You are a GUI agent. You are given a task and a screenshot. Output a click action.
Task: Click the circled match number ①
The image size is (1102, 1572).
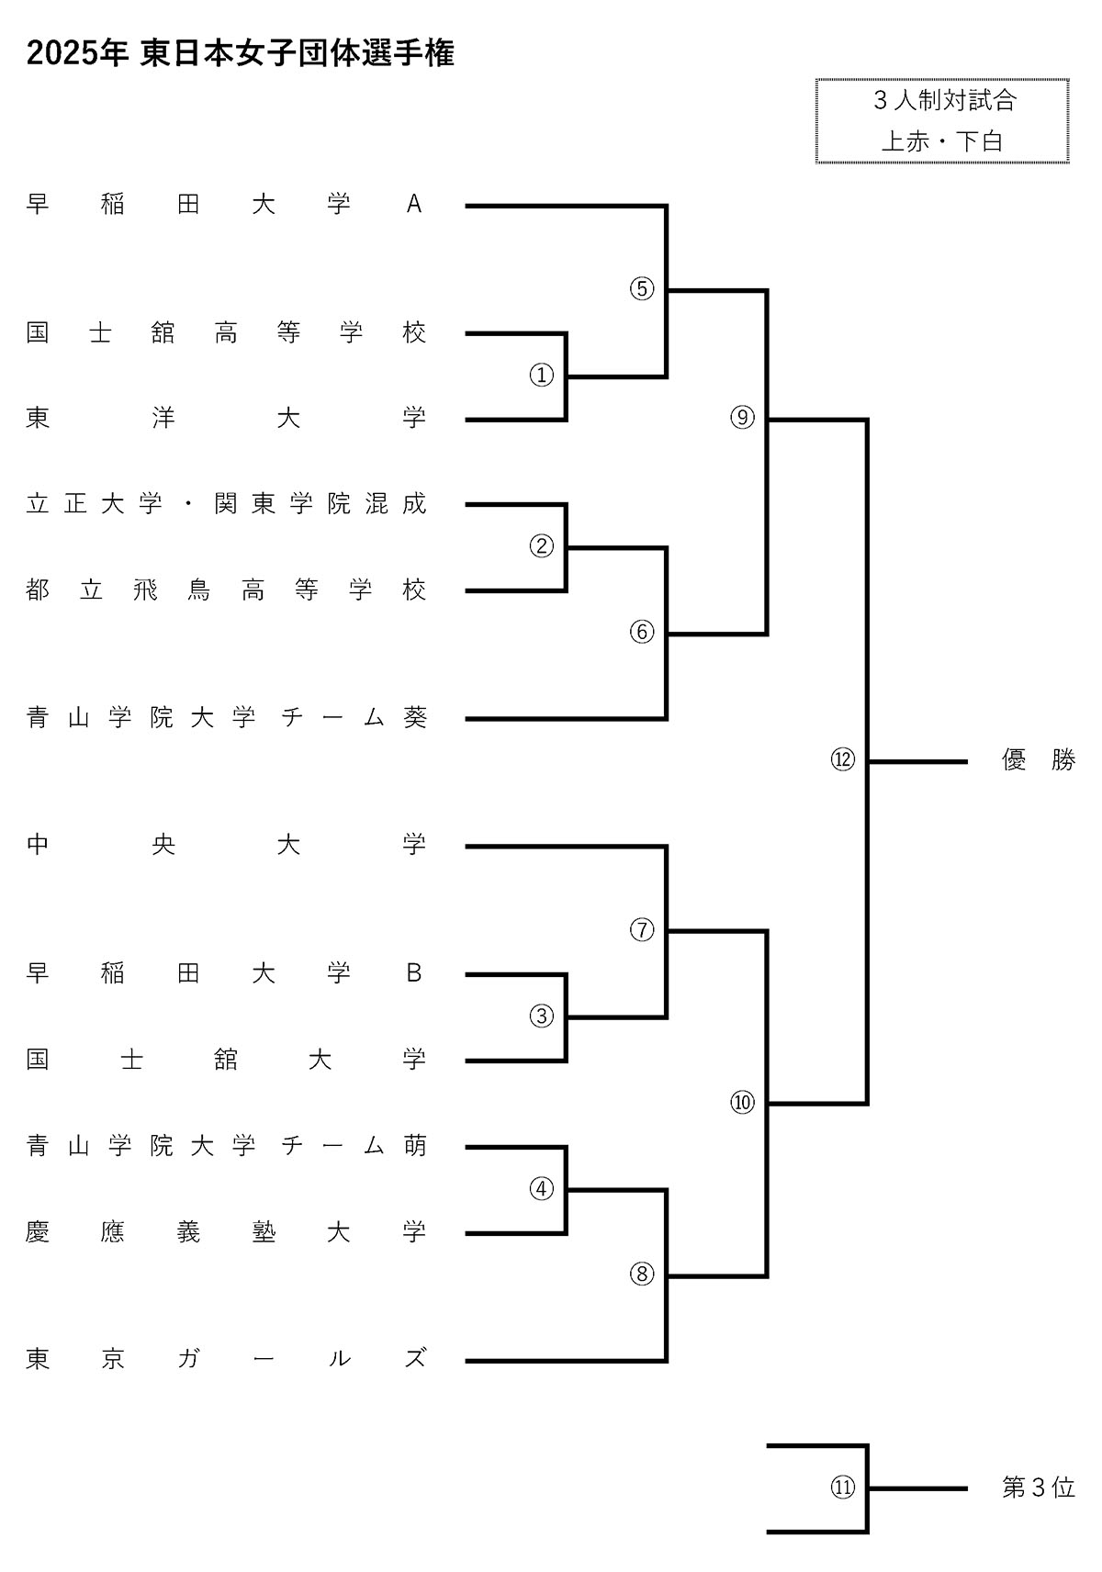[x=542, y=375]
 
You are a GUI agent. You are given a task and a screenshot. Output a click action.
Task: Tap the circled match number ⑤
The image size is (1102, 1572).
[x=642, y=288]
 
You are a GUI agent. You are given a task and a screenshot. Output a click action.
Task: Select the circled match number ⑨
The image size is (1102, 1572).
[x=742, y=418]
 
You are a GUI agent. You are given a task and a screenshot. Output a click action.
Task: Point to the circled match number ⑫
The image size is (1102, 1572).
[x=843, y=759]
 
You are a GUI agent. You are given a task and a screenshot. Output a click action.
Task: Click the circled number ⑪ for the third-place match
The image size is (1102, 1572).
[x=843, y=1487]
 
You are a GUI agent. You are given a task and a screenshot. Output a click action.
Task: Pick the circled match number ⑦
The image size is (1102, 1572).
[x=642, y=929]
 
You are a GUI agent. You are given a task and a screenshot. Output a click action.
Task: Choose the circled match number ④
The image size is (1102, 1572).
[x=542, y=1188]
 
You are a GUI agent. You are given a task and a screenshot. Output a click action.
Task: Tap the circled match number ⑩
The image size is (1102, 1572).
[x=742, y=1102]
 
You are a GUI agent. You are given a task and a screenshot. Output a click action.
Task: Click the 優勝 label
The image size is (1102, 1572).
[x=1038, y=760]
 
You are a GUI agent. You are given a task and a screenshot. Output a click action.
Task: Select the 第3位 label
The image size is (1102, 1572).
[x=1038, y=1488]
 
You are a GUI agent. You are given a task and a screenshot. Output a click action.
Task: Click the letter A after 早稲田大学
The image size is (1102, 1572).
[x=414, y=204]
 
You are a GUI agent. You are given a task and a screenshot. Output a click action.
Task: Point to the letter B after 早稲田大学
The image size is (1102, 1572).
[x=414, y=972]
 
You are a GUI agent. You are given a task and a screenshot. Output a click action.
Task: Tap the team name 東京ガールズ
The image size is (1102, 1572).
[x=227, y=1358]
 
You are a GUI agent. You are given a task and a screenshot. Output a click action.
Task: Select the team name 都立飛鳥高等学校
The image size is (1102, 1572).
[x=227, y=589]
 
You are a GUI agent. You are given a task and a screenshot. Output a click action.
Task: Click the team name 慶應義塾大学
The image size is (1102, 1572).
[x=227, y=1231]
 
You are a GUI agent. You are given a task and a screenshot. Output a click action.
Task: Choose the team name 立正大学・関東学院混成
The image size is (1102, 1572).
[x=227, y=503]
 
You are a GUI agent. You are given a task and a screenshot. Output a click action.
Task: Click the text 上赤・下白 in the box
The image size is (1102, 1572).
[x=942, y=141]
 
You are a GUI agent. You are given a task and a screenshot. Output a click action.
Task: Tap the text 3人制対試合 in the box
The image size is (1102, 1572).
[x=944, y=100]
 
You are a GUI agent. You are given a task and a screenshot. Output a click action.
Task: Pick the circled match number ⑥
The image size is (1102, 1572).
[x=642, y=631]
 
